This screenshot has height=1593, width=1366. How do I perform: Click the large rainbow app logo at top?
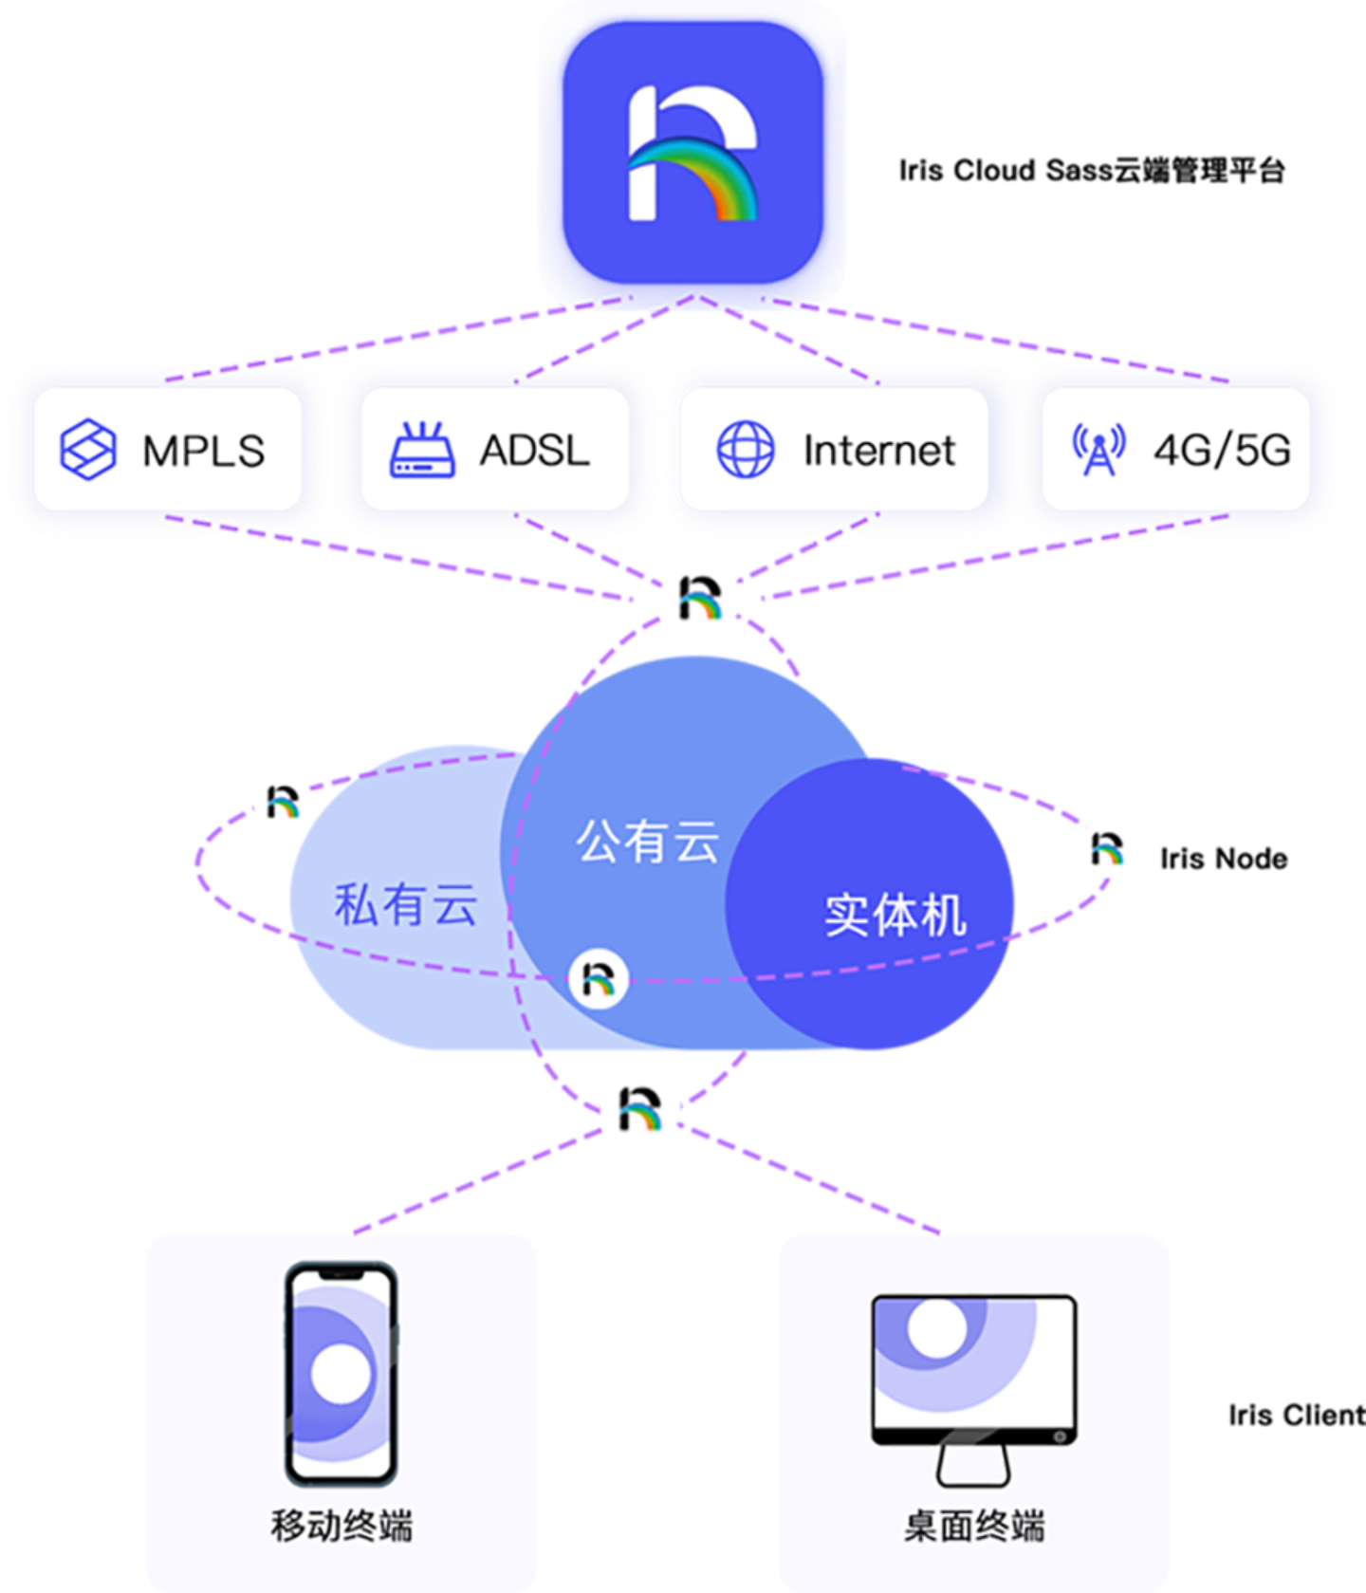pos(692,153)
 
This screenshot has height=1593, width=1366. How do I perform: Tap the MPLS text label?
pos(203,451)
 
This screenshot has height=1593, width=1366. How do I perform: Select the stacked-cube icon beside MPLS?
pos(88,449)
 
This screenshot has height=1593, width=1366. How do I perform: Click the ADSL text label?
pos(534,451)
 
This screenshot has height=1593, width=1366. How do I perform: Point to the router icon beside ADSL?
pos(422,450)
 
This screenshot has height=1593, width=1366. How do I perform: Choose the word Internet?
pos(878,451)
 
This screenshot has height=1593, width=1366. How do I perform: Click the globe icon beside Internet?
pos(746,450)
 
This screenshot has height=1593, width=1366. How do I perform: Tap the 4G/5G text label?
pos(1222,451)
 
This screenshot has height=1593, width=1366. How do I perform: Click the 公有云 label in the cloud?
pos(648,842)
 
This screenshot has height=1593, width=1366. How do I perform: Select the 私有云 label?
pos(405,904)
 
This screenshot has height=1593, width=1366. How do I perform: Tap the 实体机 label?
pos(895,916)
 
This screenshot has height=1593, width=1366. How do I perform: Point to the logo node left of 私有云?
pos(283,802)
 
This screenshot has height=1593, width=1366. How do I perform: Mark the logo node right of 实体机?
pos(1107,847)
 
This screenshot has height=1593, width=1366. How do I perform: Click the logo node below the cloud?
pos(641,1109)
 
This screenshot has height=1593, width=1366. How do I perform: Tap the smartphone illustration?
pos(341,1373)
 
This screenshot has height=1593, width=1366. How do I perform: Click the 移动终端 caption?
pos(341,1526)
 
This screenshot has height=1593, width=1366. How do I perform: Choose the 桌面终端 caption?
pos(974,1526)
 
